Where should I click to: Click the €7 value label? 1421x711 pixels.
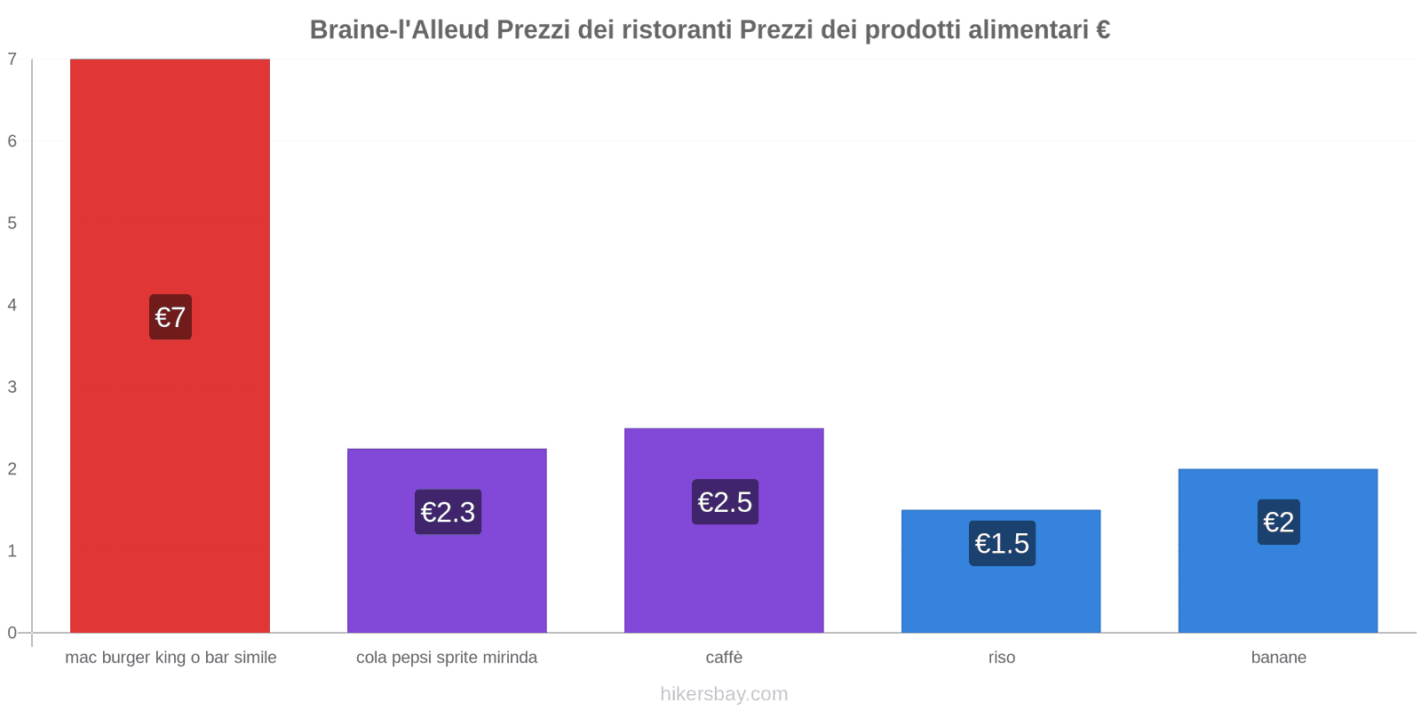[x=171, y=317]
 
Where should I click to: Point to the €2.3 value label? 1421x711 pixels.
[x=448, y=512]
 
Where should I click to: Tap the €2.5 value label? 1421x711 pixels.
[x=725, y=502]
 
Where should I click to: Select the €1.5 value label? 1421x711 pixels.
[x=1002, y=543]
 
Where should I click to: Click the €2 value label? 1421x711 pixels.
[x=1278, y=522]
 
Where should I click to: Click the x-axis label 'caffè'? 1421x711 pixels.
[x=724, y=658]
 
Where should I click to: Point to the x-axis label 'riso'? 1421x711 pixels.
[x=1001, y=658]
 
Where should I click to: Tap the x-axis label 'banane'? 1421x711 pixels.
[x=1278, y=658]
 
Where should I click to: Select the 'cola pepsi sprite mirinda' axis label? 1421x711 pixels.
[x=447, y=658]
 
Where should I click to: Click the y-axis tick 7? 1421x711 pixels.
[x=12, y=60]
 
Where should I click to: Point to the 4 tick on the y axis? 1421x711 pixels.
[x=12, y=305]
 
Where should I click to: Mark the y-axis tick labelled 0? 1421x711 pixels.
[x=12, y=633]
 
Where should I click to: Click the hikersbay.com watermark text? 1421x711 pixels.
[x=724, y=694]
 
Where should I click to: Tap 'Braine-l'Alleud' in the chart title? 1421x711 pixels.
[x=399, y=30]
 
